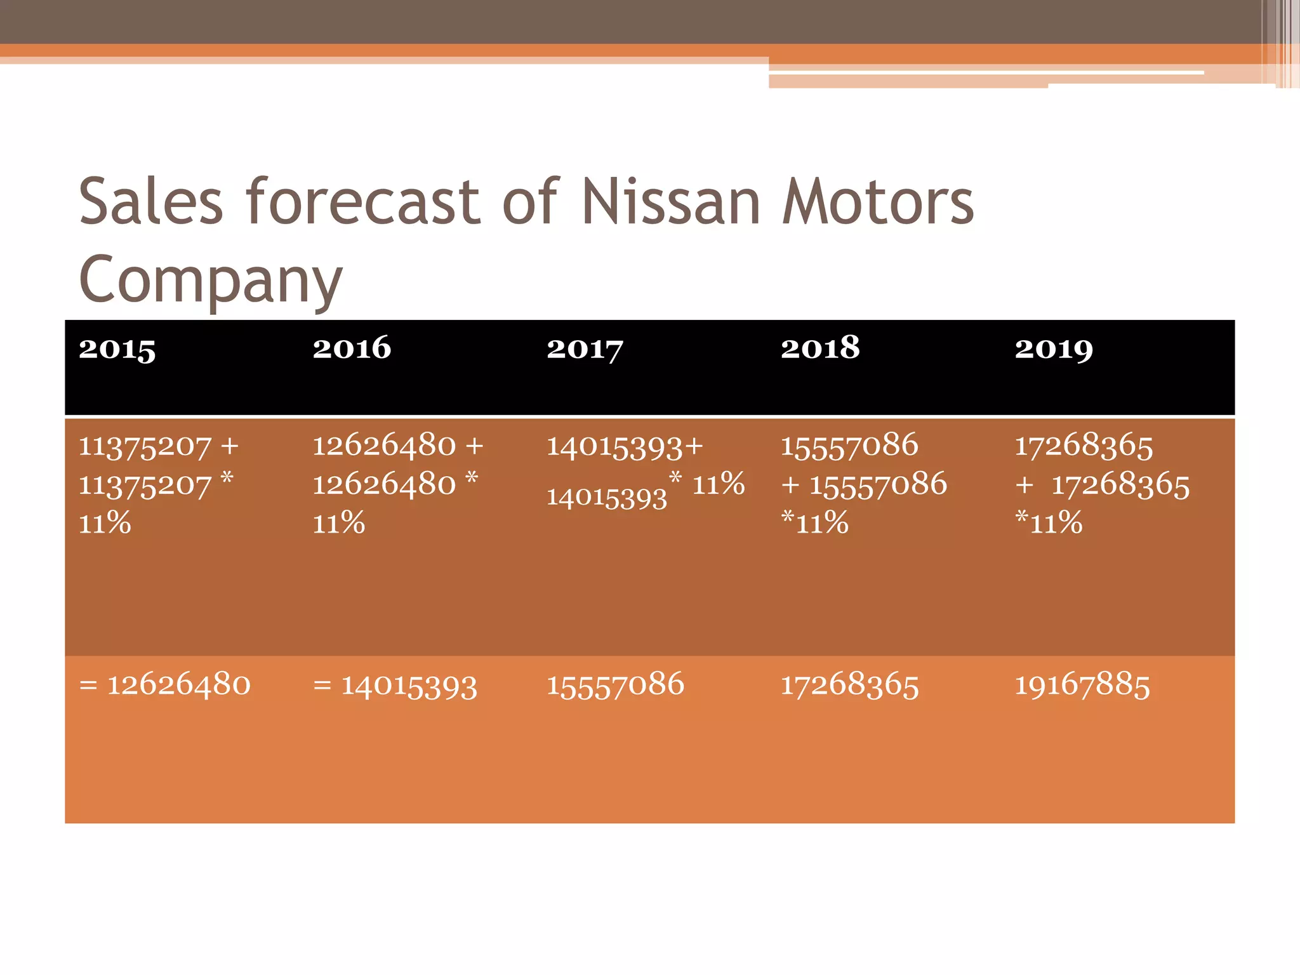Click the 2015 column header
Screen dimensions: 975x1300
click(x=117, y=348)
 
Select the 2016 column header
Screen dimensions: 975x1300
click(x=352, y=348)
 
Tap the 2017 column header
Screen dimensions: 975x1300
click(x=585, y=348)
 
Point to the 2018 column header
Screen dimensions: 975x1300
click(x=820, y=348)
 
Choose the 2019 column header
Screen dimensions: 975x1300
click(x=1054, y=348)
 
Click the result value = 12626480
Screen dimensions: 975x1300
click(x=165, y=685)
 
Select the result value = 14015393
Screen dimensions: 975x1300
click(x=395, y=686)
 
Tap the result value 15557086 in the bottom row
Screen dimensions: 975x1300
click(x=616, y=685)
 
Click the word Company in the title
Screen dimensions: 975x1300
click(x=211, y=279)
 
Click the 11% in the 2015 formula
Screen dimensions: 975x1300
click(x=105, y=524)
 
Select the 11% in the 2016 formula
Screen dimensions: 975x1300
click(x=339, y=524)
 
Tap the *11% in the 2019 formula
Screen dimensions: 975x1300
click(x=1049, y=523)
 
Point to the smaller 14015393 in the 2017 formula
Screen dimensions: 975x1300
click(x=607, y=498)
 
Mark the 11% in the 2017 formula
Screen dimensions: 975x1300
click(x=718, y=484)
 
